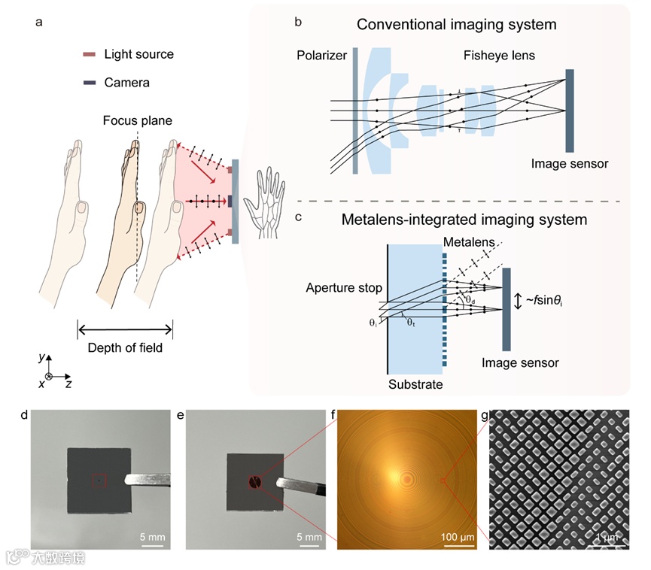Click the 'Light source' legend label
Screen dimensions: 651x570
tap(138, 54)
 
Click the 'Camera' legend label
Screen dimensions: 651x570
tap(126, 82)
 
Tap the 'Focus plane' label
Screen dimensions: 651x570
tap(138, 120)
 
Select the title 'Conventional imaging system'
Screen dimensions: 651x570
tap(457, 25)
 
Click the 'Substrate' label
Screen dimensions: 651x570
tap(415, 384)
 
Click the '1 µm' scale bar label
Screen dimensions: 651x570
tap(609, 538)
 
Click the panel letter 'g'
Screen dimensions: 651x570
tap(484, 414)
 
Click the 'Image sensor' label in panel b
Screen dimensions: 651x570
tap(570, 162)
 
